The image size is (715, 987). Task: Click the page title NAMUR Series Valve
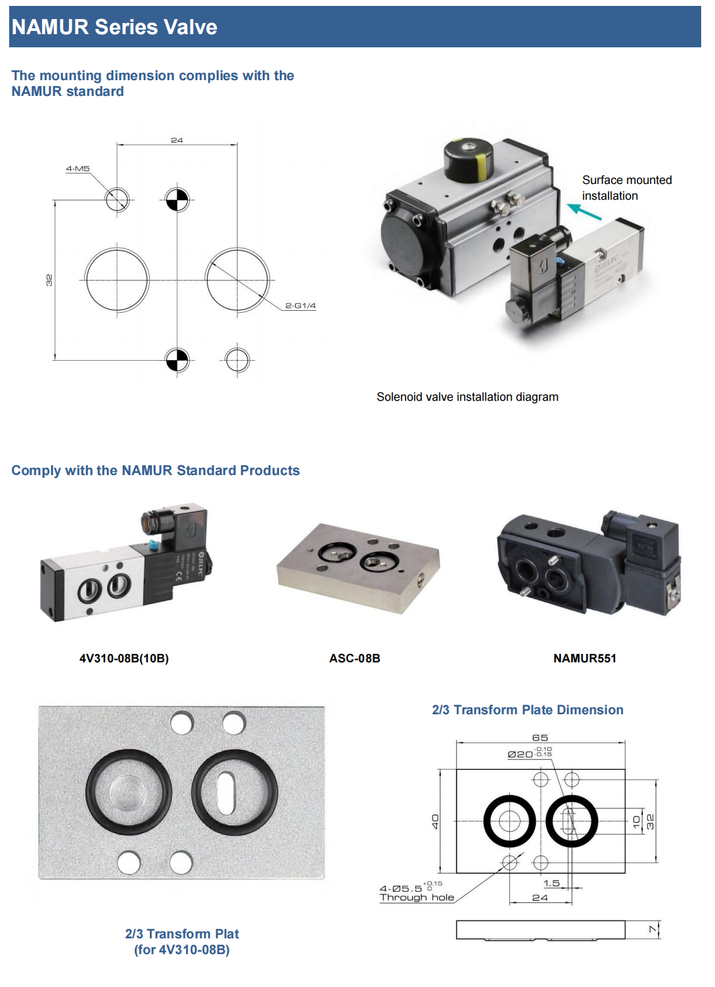(114, 27)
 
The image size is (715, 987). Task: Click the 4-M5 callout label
(78, 169)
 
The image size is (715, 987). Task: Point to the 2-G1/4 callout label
(300, 306)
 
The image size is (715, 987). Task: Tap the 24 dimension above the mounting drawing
(177, 140)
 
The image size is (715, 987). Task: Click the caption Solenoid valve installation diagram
(467, 397)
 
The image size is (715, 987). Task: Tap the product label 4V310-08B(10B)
(124, 658)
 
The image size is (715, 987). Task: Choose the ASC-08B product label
(355, 658)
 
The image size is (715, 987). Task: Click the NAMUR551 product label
(585, 658)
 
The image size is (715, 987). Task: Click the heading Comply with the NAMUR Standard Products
(156, 471)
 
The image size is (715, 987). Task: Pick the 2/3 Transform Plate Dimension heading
(528, 710)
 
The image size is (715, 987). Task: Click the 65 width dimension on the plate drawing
(540, 738)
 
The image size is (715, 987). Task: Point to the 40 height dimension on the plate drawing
(435, 821)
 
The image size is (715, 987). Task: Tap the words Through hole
(417, 898)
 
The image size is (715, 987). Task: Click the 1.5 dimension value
(552, 883)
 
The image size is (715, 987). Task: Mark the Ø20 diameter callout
(520, 754)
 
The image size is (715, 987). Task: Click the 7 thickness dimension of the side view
(653, 929)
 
